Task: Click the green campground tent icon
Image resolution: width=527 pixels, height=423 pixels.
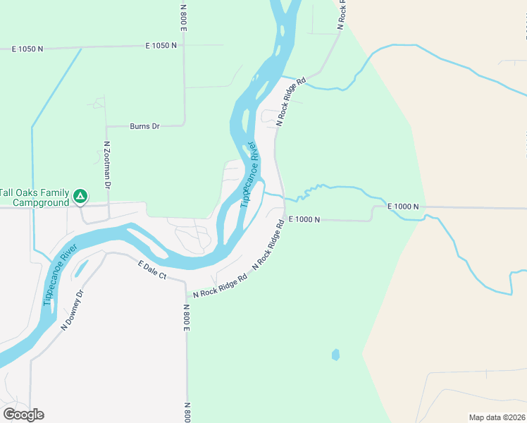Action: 81,195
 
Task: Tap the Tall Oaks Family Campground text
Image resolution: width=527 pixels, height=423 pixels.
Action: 35,197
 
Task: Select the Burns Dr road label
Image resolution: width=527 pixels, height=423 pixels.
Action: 145,127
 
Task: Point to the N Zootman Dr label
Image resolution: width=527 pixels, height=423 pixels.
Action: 107,165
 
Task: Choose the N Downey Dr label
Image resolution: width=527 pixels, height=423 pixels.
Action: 73,310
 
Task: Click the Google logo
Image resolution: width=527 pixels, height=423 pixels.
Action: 24,414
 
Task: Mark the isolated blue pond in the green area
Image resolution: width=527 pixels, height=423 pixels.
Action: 335,354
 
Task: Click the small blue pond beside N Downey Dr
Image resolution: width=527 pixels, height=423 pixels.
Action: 82,268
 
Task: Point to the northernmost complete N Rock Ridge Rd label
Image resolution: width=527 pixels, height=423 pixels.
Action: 292,102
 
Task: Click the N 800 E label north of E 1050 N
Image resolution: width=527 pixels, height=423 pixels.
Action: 183,16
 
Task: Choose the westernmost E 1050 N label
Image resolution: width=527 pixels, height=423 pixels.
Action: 27,49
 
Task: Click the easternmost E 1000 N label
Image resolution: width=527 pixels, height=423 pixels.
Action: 403,206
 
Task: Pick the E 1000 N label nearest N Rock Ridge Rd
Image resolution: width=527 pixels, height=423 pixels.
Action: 304,220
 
